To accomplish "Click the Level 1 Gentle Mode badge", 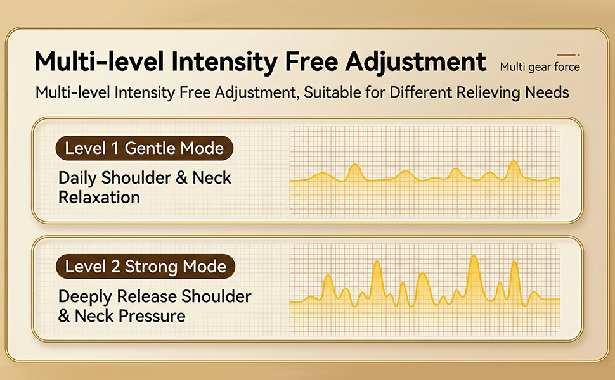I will click(145, 149).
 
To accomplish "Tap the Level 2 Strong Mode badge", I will click(145, 266).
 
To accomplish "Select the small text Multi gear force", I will click(540, 66).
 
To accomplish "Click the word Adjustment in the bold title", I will click(417, 62).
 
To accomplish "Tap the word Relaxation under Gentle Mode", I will click(99, 197).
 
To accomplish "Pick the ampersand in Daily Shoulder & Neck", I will click(182, 178).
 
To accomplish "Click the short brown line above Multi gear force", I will click(567, 55).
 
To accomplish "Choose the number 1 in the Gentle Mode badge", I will click(115, 149).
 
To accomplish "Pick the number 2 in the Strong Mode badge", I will click(115, 266).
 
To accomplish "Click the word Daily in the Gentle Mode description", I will click(77, 178).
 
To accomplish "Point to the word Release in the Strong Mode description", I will click(152, 296).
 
